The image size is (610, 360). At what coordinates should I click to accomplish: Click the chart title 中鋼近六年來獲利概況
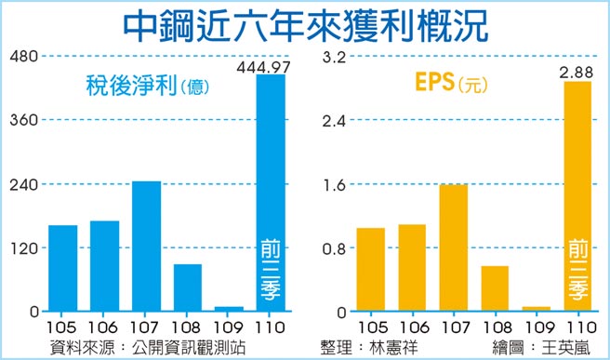[x=305, y=24]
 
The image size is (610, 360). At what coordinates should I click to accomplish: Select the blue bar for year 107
[x=146, y=246]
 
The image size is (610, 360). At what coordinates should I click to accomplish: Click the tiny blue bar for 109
[x=229, y=308]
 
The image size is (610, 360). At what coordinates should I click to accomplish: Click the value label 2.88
[x=577, y=72]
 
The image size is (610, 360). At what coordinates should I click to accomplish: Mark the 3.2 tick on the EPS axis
[x=334, y=57]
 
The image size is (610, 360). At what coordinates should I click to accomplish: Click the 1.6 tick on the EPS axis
[x=334, y=184]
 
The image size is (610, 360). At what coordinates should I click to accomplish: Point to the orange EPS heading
[x=434, y=85]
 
